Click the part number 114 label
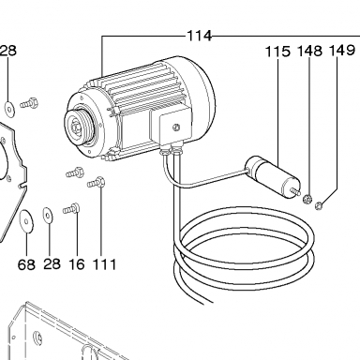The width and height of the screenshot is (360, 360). [200, 36]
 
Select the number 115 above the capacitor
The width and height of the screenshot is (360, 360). [277, 52]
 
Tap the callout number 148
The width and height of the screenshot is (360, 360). [309, 51]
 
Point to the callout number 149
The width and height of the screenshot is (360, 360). [342, 50]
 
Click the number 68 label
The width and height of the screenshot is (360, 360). [26, 265]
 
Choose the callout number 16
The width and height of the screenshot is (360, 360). [77, 264]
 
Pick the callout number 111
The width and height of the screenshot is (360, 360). [104, 264]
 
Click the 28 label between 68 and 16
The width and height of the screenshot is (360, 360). [52, 263]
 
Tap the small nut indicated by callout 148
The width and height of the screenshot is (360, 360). [307, 198]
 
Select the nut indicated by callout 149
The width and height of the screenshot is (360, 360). [319, 205]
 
